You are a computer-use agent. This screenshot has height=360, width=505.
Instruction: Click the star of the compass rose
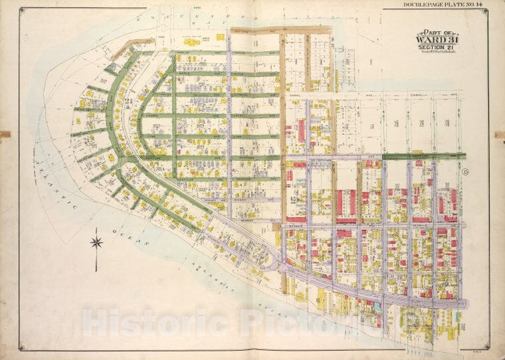tap(96, 242)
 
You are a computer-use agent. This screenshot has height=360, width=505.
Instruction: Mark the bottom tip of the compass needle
tap(96, 270)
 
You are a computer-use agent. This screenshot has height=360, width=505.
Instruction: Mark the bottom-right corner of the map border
tap(489, 349)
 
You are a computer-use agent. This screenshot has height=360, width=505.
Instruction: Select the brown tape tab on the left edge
tap(5, 134)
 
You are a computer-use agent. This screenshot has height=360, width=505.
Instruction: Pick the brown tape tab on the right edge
tap(500, 134)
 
